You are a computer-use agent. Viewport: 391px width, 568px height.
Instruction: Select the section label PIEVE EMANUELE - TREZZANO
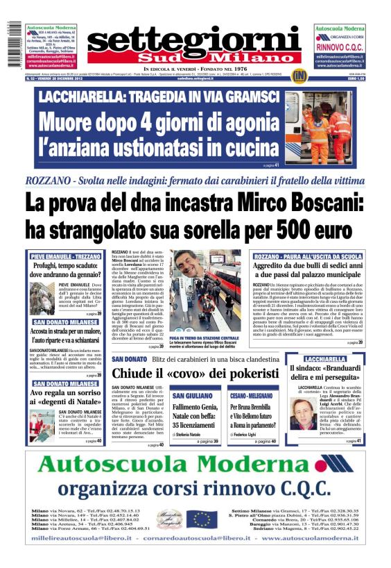[66, 256]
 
